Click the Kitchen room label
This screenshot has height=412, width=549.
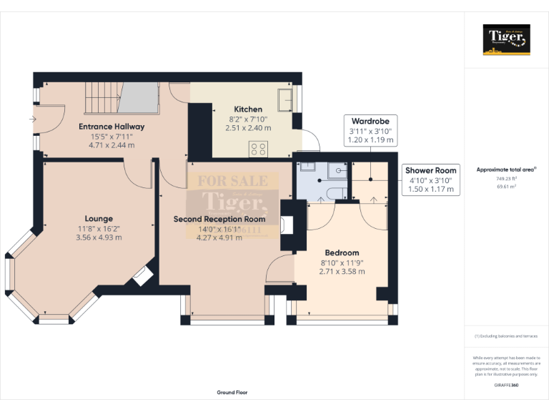pos(247,109)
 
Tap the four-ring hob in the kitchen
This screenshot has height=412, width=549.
pos(258,149)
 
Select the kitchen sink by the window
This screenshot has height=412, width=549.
pos(285,101)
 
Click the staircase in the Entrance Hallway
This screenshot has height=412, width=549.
pos(122,98)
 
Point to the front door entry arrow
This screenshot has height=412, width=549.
pos(34,119)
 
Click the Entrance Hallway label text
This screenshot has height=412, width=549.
pos(112,127)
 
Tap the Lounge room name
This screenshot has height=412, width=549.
pos(99,218)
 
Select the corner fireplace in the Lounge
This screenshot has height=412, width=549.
pos(142,275)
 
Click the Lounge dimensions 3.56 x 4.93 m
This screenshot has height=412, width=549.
pos(99,237)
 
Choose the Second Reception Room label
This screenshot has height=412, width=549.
pos(219,219)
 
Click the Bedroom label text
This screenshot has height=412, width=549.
pos(342,252)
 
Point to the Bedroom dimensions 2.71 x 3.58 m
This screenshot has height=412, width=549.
pos(342,272)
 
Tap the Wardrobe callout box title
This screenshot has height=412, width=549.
pos(370,122)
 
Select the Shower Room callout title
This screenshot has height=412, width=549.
pos(430,170)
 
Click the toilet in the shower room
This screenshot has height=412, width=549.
pos(310,170)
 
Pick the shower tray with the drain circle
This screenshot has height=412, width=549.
pos(337,171)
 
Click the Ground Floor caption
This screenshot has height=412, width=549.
pos(232,393)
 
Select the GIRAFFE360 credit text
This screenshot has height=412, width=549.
pos(506,386)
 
